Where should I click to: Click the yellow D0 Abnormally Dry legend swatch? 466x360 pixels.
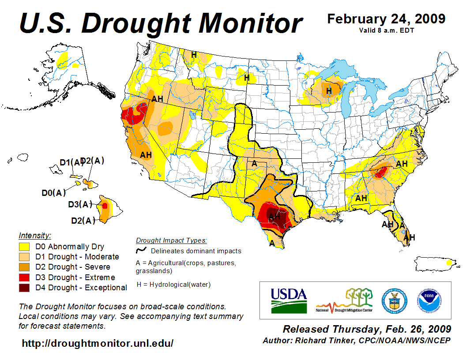coord(24,247)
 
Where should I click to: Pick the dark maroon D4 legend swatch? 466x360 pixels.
coord(24,288)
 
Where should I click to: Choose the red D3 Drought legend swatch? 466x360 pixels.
coord(24,277)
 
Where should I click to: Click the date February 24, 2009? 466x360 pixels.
coord(386,19)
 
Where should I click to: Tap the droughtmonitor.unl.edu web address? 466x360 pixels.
coord(98,343)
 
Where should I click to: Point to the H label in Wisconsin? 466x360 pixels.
coord(328,91)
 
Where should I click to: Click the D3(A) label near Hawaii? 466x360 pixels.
coord(80,204)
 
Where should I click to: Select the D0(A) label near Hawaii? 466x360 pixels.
coord(53,192)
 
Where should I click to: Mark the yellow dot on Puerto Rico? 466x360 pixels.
coord(449,262)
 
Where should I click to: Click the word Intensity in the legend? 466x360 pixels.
coord(35,236)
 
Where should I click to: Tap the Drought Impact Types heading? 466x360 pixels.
coord(171,240)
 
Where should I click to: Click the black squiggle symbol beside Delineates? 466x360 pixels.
coord(141,251)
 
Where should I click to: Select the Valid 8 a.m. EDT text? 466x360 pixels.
coord(386,30)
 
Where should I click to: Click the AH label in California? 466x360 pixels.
coord(146,155)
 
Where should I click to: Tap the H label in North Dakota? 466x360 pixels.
coord(247,78)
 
